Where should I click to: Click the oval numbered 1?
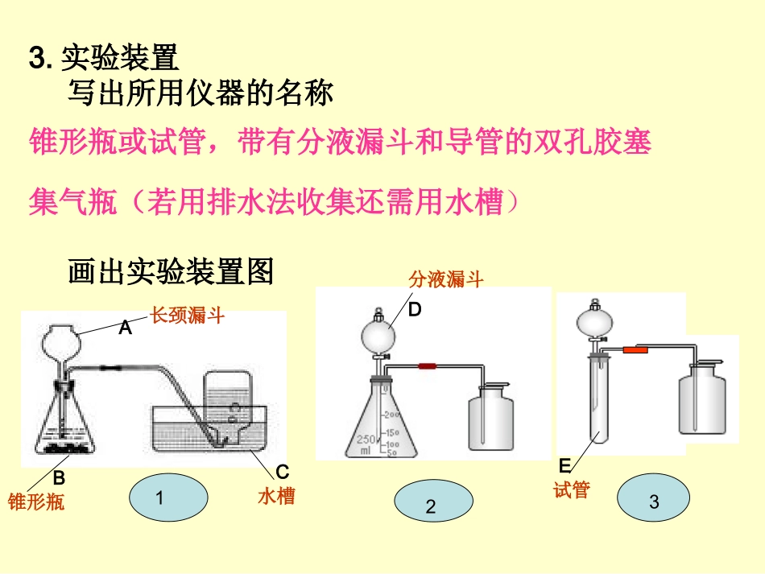tap(167, 498)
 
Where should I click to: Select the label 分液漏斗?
tap(445, 279)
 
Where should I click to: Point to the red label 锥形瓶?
tap(35, 502)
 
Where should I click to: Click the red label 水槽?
tap(276, 496)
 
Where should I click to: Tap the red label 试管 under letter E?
tap(572, 489)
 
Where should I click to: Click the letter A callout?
tap(125, 328)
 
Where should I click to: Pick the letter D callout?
tap(415, 309)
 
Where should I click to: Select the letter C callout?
tap(283, 472)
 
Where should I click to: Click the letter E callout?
tap(564, 466)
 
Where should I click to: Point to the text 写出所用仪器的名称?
tap(200, 94)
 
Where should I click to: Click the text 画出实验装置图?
tap(171, 272)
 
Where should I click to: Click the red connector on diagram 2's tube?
tap(427, 366)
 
